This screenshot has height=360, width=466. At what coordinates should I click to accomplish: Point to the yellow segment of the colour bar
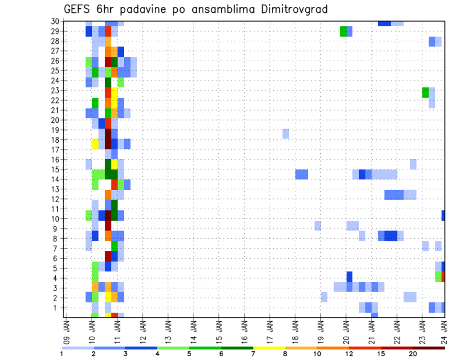(x=269, y=348)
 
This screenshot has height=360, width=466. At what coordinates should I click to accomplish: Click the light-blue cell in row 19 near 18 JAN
(x=285, y=133)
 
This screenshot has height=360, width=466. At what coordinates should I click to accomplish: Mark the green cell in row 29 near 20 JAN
(x=343, y=32)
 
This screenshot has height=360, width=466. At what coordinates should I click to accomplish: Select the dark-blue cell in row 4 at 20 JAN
(x=349, y=276)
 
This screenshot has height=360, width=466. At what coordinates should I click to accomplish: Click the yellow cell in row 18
(x=95, y=144)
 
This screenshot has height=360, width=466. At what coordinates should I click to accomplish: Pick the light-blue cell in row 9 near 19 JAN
(x=317, y=226)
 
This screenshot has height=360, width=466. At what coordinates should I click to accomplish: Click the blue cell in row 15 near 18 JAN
(x=301, y=174)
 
